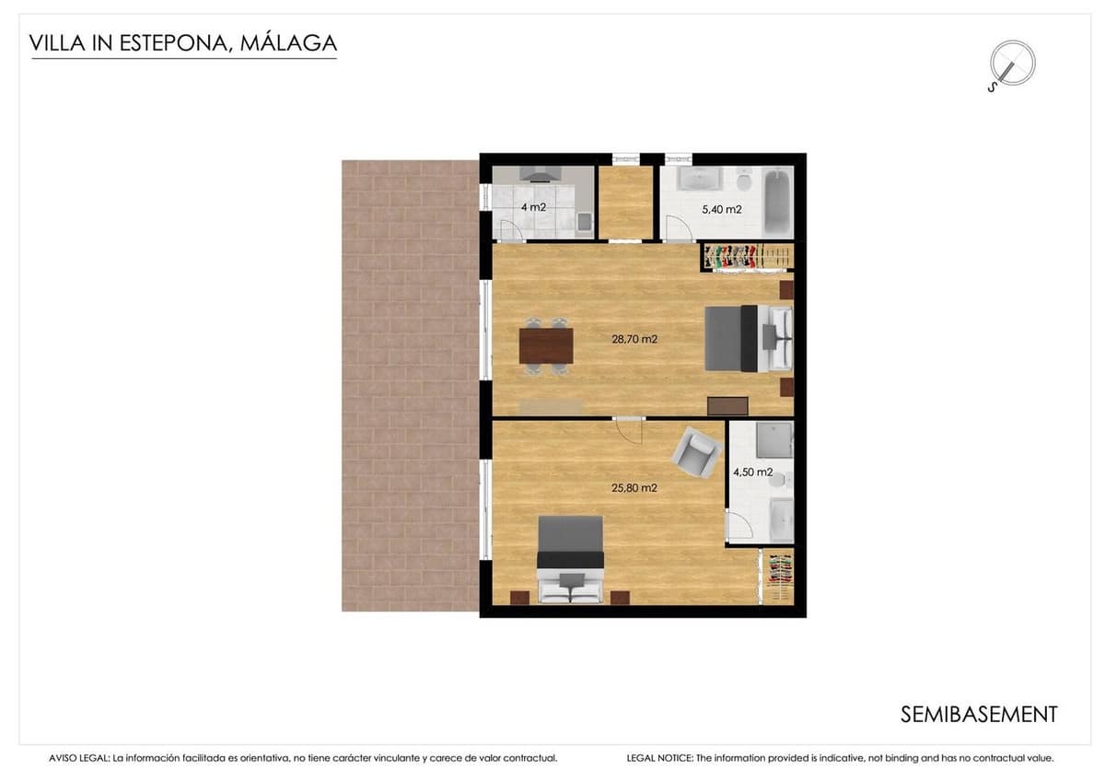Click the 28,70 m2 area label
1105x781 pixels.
coord(634,339)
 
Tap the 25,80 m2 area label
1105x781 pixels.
coord(634,488)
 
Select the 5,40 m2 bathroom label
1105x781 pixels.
coord(721,209)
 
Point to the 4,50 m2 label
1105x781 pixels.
coord(751,472)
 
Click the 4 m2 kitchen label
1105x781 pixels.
coord(533,207)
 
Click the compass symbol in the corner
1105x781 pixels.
coord(1011,65)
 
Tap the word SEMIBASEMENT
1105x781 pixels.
coord(978,714)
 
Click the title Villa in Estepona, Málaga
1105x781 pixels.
coord(183,42)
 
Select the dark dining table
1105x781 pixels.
coord(546,345)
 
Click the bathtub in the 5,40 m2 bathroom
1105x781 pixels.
coord(778,201)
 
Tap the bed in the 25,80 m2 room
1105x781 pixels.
coord(570,558)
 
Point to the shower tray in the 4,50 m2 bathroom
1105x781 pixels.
coord(773,439)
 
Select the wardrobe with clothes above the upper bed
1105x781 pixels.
coord(747,257)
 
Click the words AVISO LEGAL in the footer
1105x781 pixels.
coord(79,759)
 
